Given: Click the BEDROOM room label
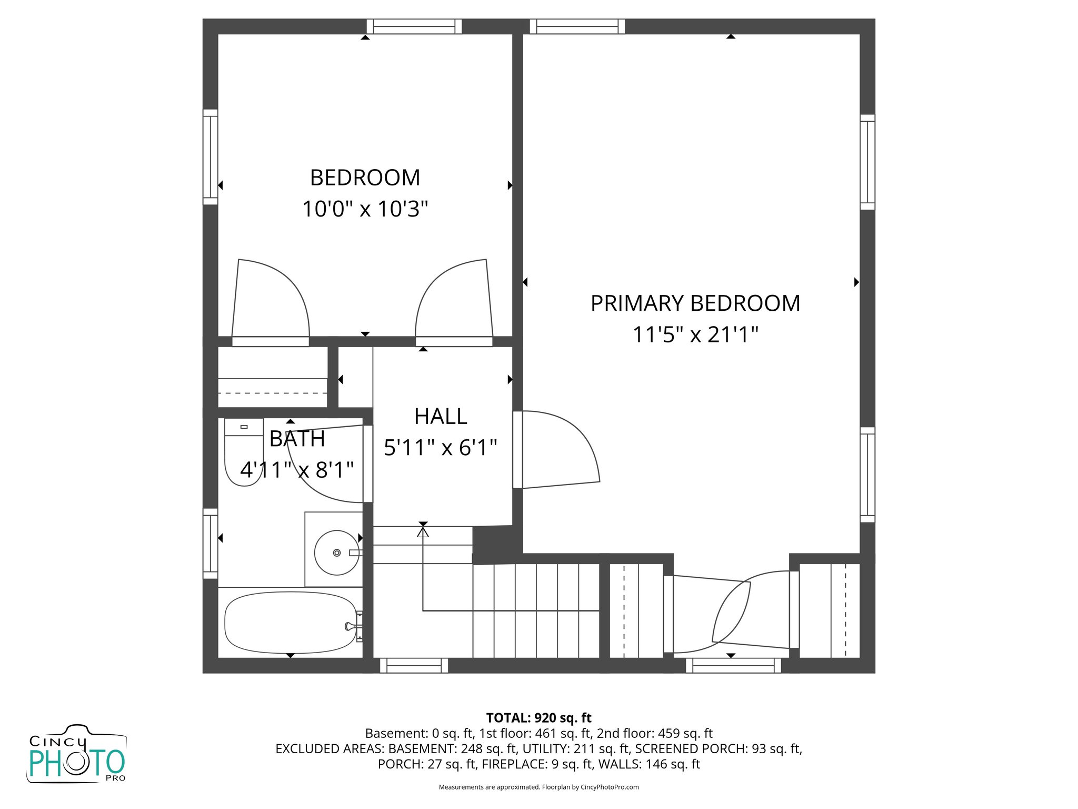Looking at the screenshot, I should click(365, 178).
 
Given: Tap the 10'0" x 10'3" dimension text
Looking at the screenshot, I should click(365, 209).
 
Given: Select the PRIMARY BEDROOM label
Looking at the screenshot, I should click(695, 303).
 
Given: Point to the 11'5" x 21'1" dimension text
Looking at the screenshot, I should click(695, 334).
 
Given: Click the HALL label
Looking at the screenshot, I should click(441, 417).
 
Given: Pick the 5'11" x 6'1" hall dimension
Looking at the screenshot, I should click(441, 448).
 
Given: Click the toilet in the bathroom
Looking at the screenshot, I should click(243, 453).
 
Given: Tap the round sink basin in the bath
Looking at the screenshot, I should click(337, 553).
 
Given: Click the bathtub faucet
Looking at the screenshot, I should click(350, 626).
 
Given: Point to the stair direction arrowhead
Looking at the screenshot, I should click(423, 532).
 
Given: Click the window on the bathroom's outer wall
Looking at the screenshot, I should click(211, 544).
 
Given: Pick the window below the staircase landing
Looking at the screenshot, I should click(414, 666).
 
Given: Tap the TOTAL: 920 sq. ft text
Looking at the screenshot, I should click(538, 718).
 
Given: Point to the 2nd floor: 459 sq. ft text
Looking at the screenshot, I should click(654, 733).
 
